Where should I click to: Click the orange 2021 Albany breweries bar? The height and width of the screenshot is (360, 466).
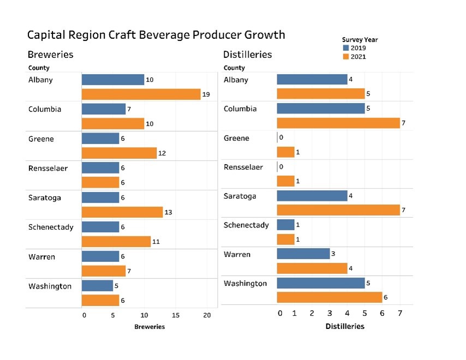coord(141,94)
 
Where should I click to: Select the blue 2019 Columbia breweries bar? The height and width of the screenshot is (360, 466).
coord(104,109)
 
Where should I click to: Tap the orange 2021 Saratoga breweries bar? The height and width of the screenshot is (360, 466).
coord(122,212)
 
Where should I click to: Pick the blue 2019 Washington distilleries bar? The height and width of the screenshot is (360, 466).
coord(320,283)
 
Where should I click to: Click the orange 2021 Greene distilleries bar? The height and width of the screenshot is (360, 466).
coord(285,152)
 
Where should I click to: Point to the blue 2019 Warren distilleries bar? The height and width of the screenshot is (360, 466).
coord(303,254)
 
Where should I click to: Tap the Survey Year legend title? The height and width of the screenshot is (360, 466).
coord(360,39)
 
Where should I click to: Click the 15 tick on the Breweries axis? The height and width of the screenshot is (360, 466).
coord(176,315)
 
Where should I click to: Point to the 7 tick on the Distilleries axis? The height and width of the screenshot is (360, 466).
coord(400,314)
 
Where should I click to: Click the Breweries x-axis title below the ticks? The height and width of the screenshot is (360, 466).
coord(150,327)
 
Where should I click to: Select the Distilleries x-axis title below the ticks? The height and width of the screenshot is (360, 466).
coord(345,327)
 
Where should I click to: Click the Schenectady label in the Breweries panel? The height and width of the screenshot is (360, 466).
coord(51,227)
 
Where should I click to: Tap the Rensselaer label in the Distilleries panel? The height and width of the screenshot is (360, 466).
coord(243,167)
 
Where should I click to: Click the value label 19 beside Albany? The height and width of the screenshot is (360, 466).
coord(206,94)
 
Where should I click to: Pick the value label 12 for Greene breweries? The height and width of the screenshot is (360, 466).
coord(162,153)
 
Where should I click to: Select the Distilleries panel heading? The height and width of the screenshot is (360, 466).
coord(247,55)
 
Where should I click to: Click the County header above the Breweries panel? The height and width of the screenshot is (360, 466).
coord(39,68)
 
